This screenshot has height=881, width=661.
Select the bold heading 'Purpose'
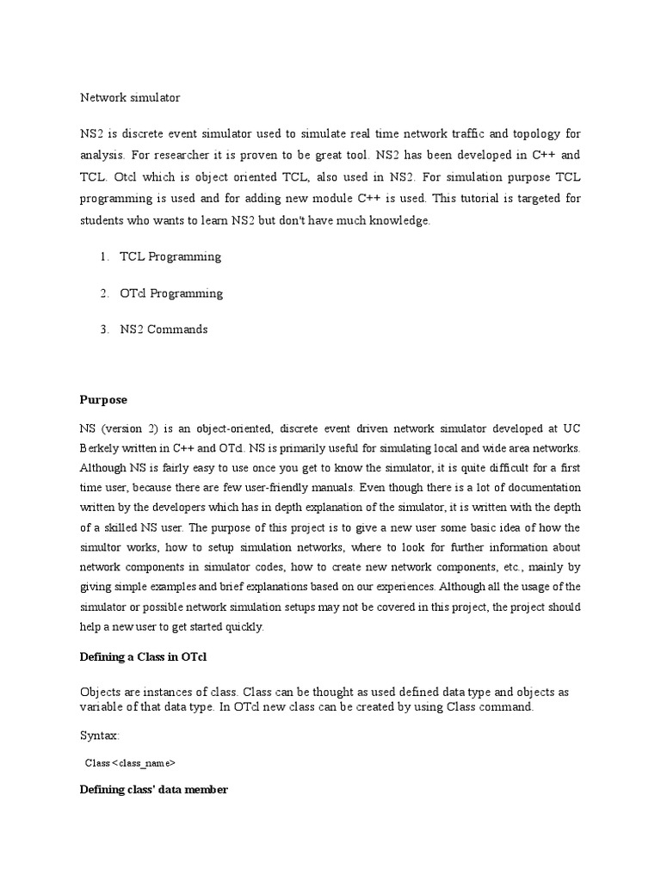[x=103, y=399]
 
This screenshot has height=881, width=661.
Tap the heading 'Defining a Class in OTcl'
[x=144, y=657]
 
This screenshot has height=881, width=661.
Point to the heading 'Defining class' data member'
[x=153, y=789]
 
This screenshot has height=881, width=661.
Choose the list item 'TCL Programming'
[x=170, y=256]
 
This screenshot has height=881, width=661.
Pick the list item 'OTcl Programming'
[x=171, y=293]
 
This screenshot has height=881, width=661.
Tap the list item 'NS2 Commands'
[x=164, y=330]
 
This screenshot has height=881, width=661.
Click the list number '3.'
[x=103, y=330]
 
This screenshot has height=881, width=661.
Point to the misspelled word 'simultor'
[x=102, y=547]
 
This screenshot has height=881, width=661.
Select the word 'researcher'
[x=189, y=156]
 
